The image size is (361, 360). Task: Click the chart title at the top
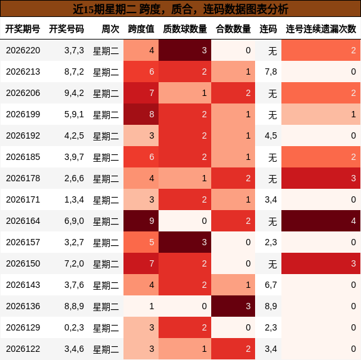pos(180,9)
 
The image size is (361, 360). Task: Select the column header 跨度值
pos(141,29)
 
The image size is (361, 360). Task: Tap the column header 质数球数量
pos(185,29)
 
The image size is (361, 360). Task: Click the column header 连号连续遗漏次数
pos(321,29)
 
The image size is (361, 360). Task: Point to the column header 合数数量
pos(233,29)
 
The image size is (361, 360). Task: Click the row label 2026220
pos(23,50)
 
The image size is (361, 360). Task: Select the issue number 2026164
pos(23,221)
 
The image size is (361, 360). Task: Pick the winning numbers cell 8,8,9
pos(74,306)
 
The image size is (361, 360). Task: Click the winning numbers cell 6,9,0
pos(74,221)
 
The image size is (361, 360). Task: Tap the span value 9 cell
pos(141,221)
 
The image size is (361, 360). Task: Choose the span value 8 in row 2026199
pos(141,114)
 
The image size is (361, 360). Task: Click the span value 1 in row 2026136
pos(141,306)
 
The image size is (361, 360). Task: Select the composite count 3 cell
pos(233,306)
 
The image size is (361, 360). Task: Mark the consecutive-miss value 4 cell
pos(321,221)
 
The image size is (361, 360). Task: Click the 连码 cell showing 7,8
pos(271,71)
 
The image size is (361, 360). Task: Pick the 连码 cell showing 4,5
pos(271,135)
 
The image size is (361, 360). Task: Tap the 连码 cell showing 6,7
pos(271,285)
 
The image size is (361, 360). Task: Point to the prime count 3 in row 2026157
pos(185,242)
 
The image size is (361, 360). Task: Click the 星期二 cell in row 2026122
pos(106,349)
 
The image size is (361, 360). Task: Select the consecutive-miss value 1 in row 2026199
pos(321,114)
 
